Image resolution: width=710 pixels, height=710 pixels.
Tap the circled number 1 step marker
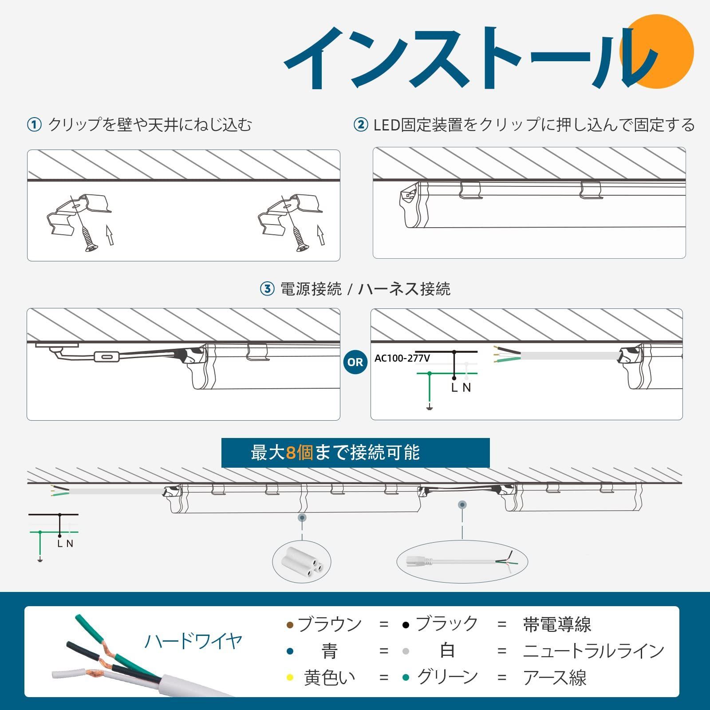34,125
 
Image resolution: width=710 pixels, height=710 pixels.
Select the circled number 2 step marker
360,125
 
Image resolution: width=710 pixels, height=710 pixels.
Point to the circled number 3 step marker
267,289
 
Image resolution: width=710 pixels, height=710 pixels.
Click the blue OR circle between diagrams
355,362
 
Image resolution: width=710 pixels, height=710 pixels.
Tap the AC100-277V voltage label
402,358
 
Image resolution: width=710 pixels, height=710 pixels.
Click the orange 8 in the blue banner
291,453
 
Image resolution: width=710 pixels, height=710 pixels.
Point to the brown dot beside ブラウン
290,625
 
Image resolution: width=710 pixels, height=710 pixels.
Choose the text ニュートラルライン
594,651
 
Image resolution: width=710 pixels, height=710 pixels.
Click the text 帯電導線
557,624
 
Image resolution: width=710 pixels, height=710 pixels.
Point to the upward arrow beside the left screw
109,235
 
